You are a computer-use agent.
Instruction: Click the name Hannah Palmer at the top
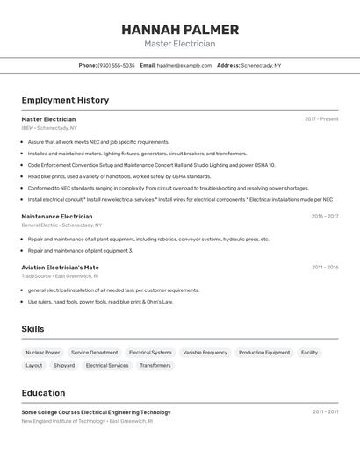(x=180, y=29)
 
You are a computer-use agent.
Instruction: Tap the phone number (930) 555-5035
(x=116, y=65)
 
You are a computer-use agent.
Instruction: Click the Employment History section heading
(x=65, y=100)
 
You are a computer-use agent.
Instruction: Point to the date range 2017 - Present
(x=321, y=118)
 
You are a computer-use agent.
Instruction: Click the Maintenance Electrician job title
(x=57, y=216)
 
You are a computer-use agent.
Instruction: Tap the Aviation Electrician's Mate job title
(x=60, y=267)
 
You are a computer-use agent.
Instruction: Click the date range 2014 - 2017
(x=324, y=216)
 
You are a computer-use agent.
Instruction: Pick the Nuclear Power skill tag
(x=43, y=352)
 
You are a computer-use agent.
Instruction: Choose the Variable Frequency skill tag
(x=205, y=352)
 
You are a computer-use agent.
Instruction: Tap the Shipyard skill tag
(x=64, y=365)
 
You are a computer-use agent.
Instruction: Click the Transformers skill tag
(x=155, y=365)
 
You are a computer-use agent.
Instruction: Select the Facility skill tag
(x=309, y=352)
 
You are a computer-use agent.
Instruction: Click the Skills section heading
(x=33, y=329)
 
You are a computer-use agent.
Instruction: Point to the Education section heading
(x=43, y=392)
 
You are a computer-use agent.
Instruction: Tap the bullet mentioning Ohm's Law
(x=100, y=302)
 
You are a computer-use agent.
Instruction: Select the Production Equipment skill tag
(x=263, y=352)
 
